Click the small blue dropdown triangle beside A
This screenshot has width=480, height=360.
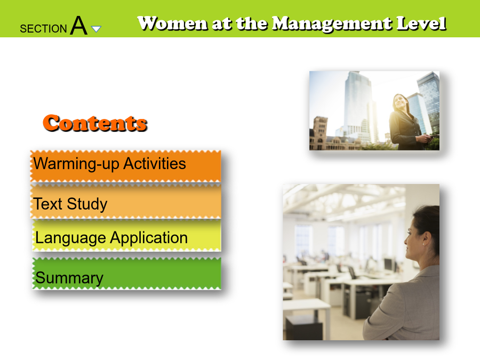click(96, 29)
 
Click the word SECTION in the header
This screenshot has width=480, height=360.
click(43, 29)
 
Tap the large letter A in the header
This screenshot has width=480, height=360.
click(79, 26)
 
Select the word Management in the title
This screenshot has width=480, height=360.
click(332, 24)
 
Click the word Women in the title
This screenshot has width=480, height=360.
click(172, 23)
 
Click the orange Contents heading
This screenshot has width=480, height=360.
click(95, 123)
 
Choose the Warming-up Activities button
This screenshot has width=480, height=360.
click(125, 166)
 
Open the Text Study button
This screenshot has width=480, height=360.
click(125, 202)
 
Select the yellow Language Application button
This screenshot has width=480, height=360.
click(127, 236)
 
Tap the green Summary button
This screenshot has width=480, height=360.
click(127, 274)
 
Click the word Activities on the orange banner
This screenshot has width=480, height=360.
click(155, 164)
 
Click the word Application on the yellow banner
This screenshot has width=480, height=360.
click(149, 238)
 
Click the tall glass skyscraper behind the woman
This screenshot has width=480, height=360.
click(358, 104)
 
